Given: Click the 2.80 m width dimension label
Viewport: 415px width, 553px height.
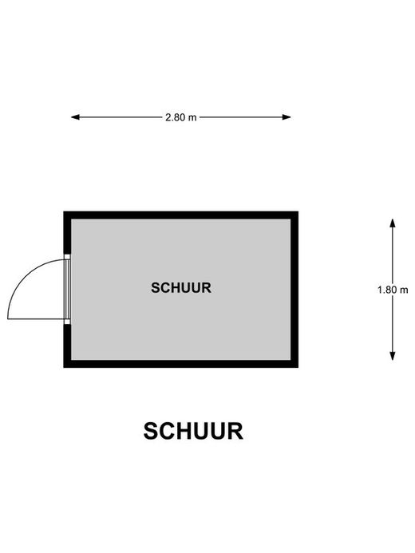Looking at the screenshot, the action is [x=181, y=117].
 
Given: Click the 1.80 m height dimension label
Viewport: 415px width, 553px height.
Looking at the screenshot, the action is [x=393, y=290].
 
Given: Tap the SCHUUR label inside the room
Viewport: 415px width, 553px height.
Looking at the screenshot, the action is [x=181, y=288].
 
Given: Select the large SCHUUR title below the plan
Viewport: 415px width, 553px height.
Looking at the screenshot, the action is [x=193, y=431].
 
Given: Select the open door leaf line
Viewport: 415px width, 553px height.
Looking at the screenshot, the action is [x=36, y=319].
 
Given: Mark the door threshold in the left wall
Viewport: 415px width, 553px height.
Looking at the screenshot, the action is [x=67, y=289].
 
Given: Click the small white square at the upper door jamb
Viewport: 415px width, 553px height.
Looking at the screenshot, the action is [x=67, y=257].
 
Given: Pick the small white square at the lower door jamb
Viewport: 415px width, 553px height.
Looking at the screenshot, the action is [x=67, y=322].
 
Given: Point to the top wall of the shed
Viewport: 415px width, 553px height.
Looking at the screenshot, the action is [x=181, y=215].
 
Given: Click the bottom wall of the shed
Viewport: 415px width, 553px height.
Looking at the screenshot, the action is [x=181, y=364].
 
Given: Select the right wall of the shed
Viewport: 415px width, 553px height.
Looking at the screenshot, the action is [x=294, y=290].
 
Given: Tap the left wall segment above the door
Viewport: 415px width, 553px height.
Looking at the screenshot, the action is [x=67, y=233].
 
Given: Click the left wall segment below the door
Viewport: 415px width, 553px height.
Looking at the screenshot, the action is [x=67, y=346].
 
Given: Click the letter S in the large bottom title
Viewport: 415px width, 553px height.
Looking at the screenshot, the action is [x=152, y=431].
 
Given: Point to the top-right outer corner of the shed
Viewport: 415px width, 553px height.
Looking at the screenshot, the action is [x=298, y=211].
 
